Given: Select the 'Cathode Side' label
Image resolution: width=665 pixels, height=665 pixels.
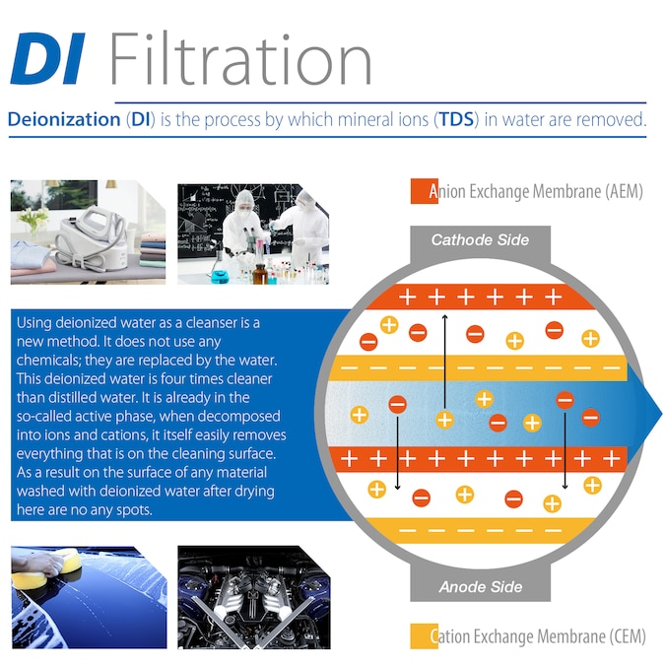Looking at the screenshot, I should [480, 239].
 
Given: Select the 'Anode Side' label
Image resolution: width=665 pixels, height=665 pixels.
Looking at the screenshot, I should [480, 587].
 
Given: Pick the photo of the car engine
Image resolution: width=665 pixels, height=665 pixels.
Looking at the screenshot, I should [253, 596].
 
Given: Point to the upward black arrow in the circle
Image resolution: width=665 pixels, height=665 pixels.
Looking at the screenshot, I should [445, 365].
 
